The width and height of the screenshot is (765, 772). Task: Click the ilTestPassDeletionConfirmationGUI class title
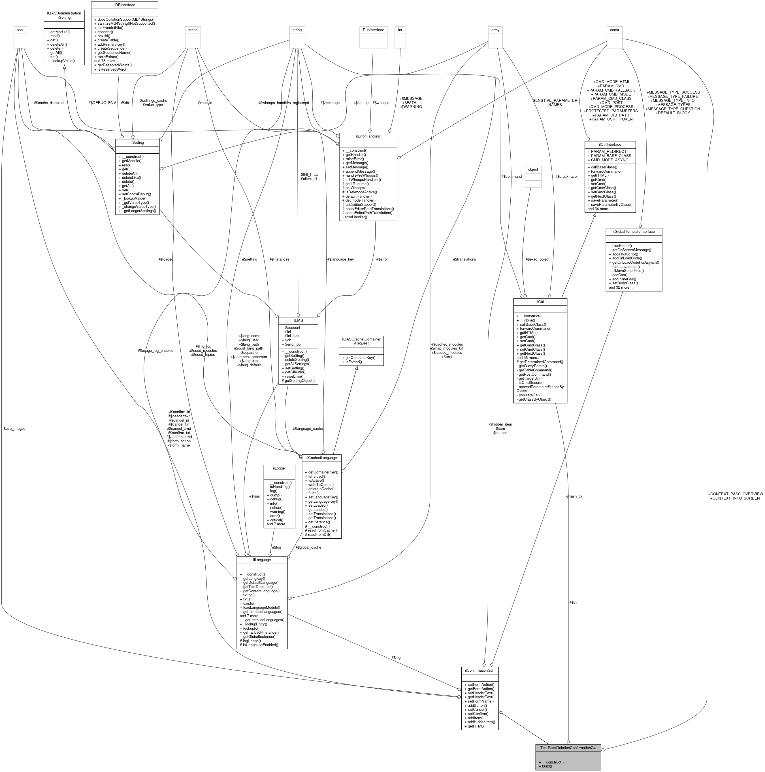[568, 748]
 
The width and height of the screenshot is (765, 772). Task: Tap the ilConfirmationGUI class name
[480, 670]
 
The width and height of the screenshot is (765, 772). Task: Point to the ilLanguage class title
[261, 560]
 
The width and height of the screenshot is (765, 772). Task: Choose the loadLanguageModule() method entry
[261, 607]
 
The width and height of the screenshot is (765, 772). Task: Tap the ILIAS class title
[298, 320]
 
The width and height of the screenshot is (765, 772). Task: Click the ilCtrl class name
[540, 302]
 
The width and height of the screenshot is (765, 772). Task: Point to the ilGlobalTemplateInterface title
[634, 231]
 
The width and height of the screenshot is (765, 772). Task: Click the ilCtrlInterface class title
[610, 144]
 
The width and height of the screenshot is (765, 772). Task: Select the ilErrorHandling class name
[368, 136]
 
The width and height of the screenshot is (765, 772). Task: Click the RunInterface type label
[373, 30]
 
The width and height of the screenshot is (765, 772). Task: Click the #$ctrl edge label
[574, 602]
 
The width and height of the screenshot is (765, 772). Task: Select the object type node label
[533, 170]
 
